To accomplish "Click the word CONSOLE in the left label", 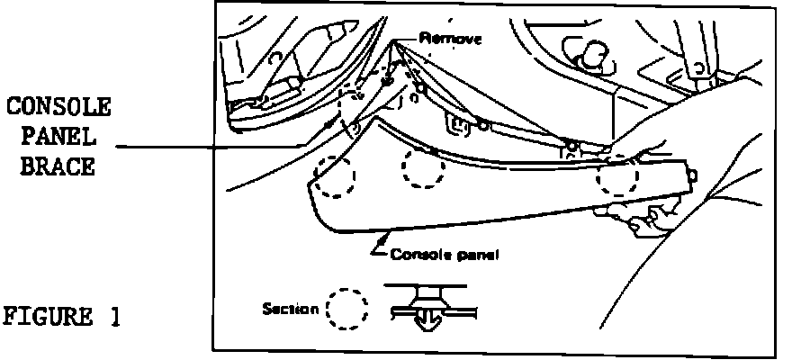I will coord(59,108).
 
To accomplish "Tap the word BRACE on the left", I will coord(59,167).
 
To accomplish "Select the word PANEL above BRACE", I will coord(59,138).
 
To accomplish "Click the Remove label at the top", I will coord(451,40).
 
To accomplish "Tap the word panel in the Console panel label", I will coord(477,255).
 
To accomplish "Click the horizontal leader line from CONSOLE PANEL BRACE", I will coord(216,146).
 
